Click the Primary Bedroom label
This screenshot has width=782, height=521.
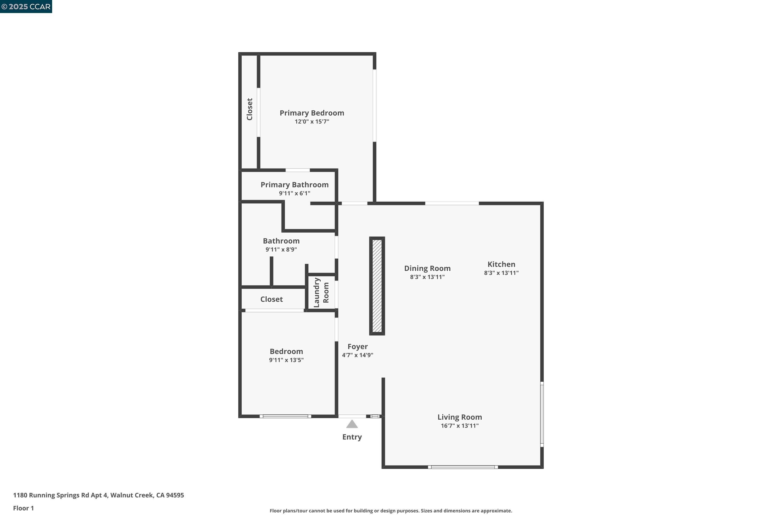(x=311, y=113)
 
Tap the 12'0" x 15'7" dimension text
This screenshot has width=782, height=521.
(x=311, y=122)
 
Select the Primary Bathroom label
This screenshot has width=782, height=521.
(x=294, y=185)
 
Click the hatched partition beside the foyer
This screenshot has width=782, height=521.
(x=377, y=286)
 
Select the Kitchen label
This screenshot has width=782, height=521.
(x=501, y=264)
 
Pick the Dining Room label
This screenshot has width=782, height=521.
(x=427, y=269)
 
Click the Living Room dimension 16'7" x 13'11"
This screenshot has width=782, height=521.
(x=460, y=426)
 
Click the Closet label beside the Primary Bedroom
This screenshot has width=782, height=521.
(x=249, y=109)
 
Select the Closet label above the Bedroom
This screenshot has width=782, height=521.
(x=271, y=299)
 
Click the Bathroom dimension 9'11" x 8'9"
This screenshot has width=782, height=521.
(x=281, y=250)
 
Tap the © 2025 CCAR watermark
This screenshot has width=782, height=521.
(x=26, y=7)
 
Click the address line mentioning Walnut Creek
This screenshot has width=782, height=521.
(x=99, y=495)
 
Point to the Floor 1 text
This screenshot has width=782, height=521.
(x=23, y=508)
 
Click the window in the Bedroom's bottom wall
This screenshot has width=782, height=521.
(x=285, y=416)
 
